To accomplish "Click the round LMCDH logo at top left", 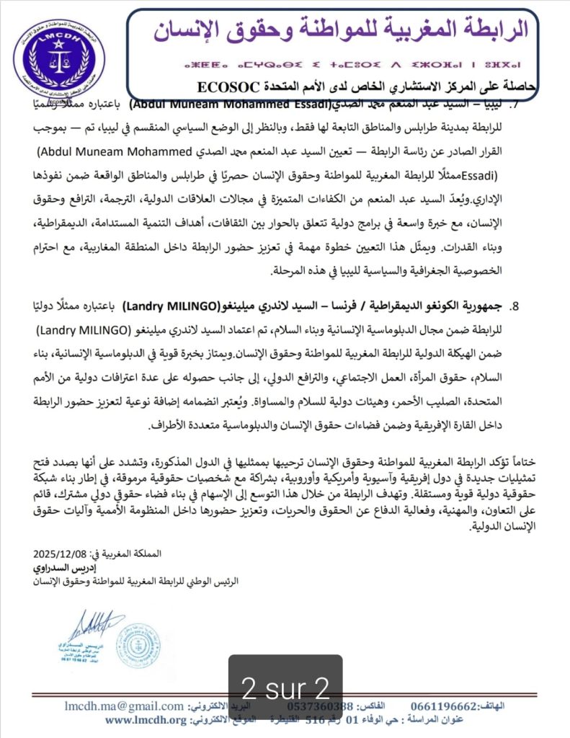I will [x=59, y=55].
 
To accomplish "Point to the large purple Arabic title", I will [x=341, y=28].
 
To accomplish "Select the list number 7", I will [x=514, y=105].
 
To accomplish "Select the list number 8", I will [x=514, y=305].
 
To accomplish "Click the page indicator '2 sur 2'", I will [x=285, y=684].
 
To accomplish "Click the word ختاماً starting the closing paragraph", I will [x=523, y=460].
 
